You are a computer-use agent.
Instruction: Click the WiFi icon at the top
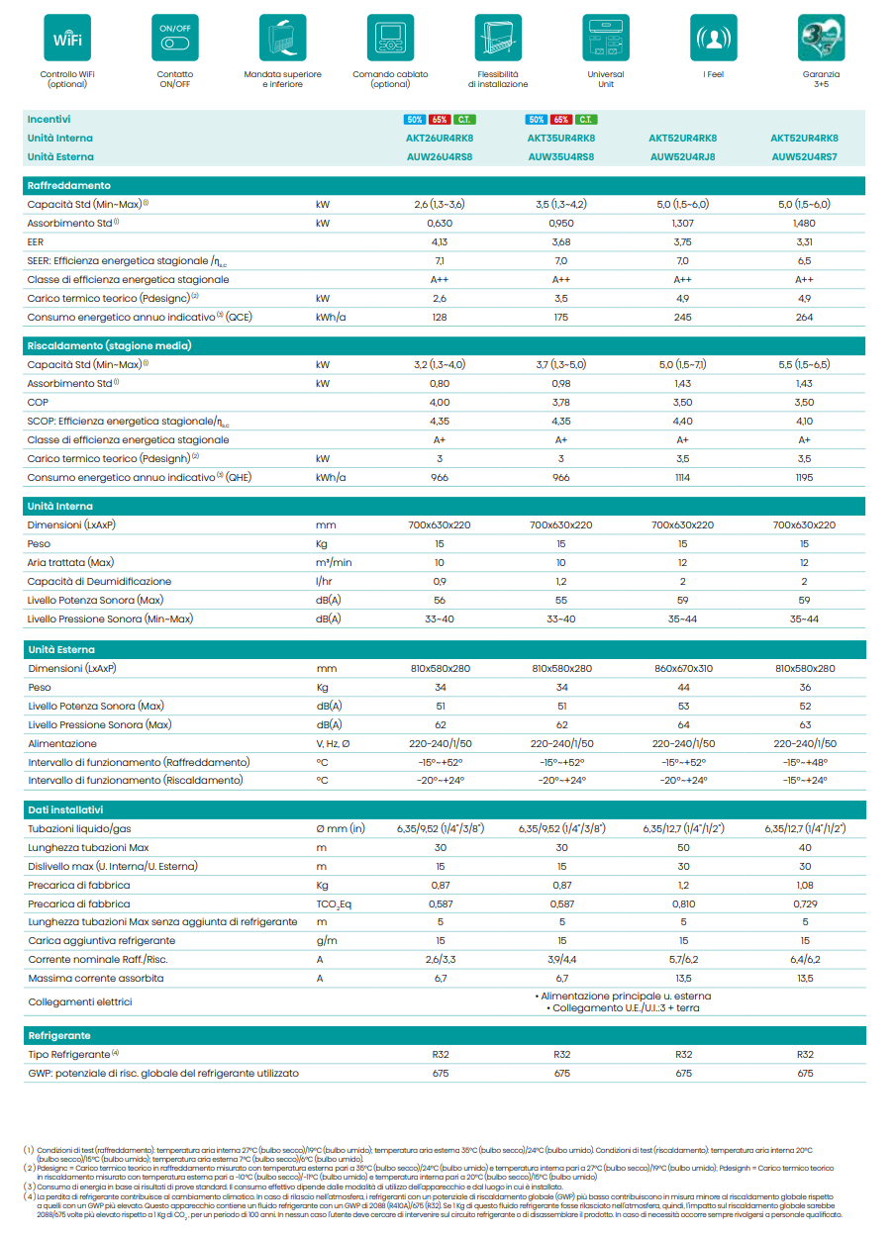pyautogui.click(x=67, y=39)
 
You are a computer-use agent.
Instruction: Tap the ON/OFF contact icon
pyautogui.click(x=175, y=39)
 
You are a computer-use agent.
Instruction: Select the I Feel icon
pyautogui.click(x=713, y=39)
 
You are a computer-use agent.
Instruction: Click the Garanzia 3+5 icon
pyautogui.click(x=821, y=39)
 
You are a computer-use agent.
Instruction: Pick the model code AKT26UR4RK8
pyautogui.click(x=440, y=139)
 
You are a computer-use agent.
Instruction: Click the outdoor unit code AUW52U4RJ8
pyautogui.click(x=683, y=156)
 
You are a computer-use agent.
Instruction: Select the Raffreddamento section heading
pyautogui.click(x=69, y=185)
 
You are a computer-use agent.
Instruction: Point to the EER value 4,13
pyautogui.click(x=440, y=241)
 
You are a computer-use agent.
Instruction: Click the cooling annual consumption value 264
pyautogui.click(x=804, y=317)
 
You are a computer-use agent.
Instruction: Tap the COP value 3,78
pyautogui.click(x=561, y=402)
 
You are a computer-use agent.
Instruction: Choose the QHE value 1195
pyautogui.click(x=804, y=477)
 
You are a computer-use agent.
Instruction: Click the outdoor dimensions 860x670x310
pyautogui.click(x=683, y=669)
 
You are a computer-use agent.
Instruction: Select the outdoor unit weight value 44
pyautogui.click(x=683, y=688)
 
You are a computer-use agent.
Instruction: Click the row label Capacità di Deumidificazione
pyautogui.click(x=99, y=582)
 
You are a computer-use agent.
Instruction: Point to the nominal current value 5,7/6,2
pyautogui.click(x=683, y=960)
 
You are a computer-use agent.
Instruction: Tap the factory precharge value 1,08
pyautogui.click(x=804, y=885)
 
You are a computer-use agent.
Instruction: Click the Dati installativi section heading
pyautogui.click(x=65, y=809)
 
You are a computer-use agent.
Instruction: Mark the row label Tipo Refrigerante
pyautogui.click(x=69, y=1054)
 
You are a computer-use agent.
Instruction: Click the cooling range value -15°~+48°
pyautogui.click(x=804, y=762)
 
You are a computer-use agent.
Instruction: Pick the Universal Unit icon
pyautogui.click(x=606, y=39)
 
